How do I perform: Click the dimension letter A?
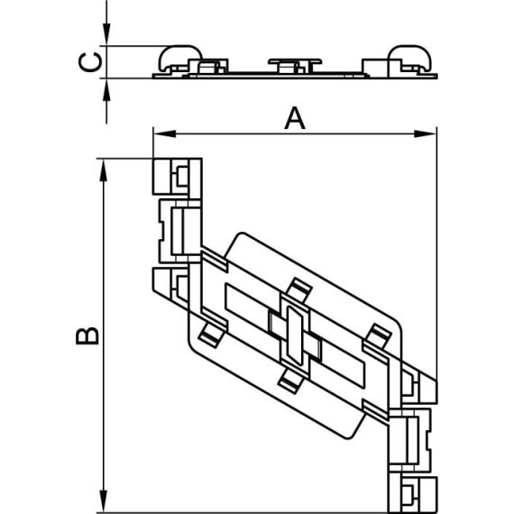[x=295, y=118]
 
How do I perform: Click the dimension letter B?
[x=87, y=335]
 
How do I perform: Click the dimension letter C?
[x=90, y=62]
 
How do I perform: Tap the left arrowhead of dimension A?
[x=164, y=133]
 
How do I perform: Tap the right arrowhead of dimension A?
[x=425, y=133]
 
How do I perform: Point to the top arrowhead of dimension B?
[x=104, y=170]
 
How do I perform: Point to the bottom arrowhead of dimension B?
[x=104, y=500]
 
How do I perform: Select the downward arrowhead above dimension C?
[x=106, y=34]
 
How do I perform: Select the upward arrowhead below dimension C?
[x=106, y=90]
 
